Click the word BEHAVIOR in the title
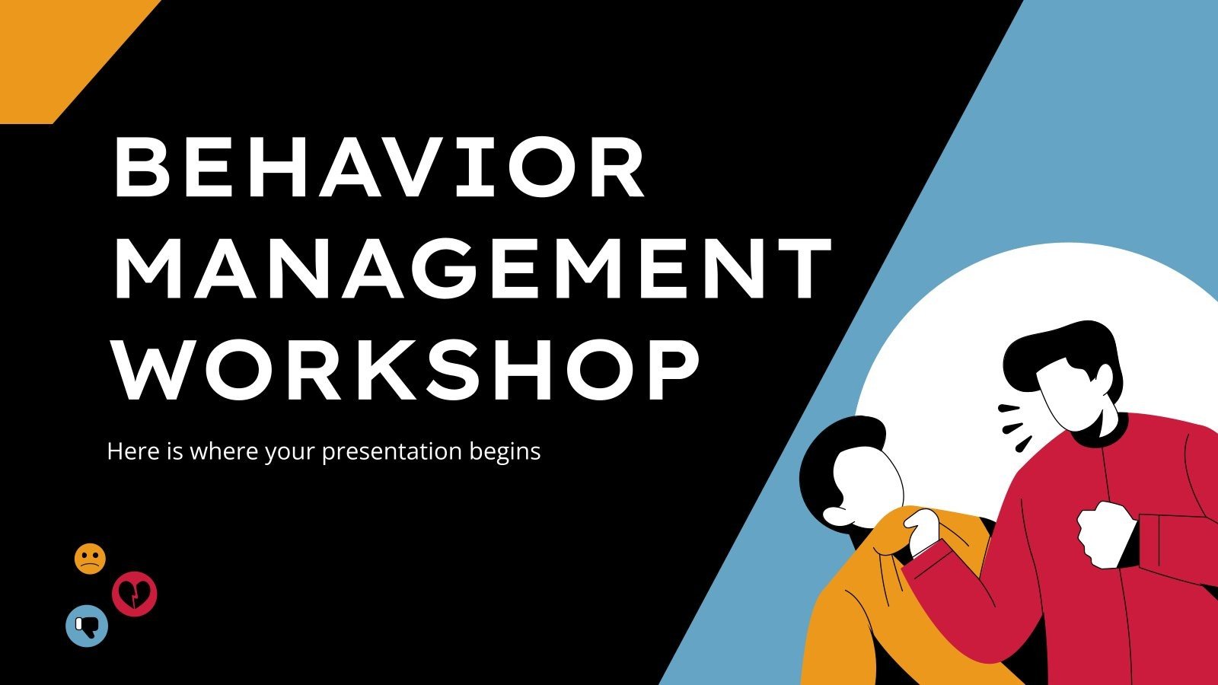coord(378,168)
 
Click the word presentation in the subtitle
coord(391,452)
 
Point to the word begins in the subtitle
coord(505,452)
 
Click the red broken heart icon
coord(135,594)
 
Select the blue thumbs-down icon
coord(87,626)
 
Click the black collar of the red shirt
coord(1104,432)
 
